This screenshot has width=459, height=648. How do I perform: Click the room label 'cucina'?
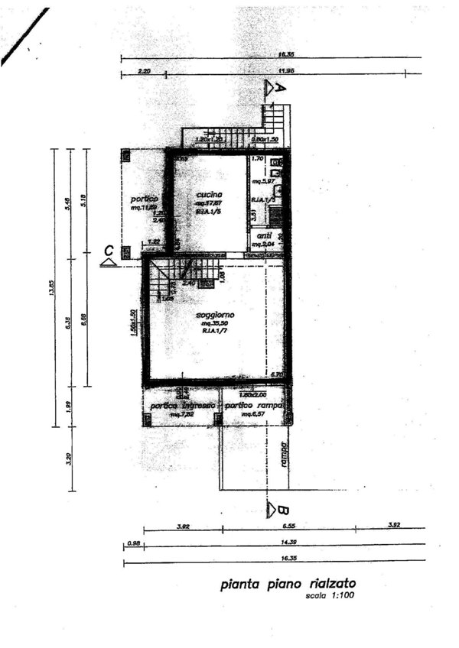tap(208, 194)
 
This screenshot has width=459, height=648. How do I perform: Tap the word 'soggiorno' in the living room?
tap(215, 315)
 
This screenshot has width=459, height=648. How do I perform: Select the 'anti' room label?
tap(265, 235)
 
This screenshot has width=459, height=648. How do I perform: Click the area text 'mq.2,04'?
tap(264, 244)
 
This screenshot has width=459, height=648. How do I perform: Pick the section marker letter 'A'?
tap(280, 88)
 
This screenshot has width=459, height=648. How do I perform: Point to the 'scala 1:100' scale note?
tap(330, 596)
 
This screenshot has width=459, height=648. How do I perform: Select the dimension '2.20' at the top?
tap(145, 71)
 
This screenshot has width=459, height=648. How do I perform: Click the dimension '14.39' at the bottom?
tap(289, 541)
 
